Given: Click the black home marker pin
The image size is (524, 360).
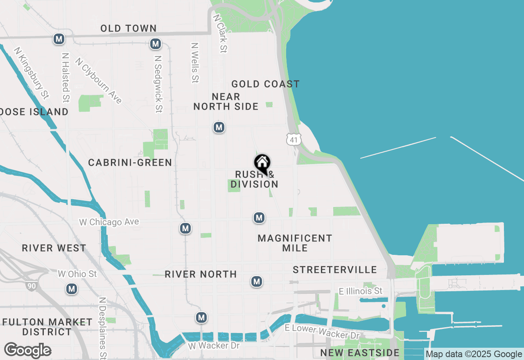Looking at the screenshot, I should (262, 163).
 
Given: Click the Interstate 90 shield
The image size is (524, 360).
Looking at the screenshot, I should (32, 285).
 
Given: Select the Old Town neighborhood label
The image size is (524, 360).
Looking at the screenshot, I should (129, 28).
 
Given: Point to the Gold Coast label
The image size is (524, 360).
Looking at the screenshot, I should (265, 84).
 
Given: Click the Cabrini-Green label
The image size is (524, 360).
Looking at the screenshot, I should (130, 163).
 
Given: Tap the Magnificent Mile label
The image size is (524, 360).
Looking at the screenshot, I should (295, 243).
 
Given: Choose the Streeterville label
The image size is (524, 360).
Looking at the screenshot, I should (335, 270).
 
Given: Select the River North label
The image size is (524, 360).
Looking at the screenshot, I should (201, 274).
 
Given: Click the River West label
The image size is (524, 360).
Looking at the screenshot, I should (54, 248).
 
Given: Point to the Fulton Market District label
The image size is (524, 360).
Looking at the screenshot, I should (47, 327).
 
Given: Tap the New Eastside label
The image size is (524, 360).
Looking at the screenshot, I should (359, 353).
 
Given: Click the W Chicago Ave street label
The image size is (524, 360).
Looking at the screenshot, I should (109, 222).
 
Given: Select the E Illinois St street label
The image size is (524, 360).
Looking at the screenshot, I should (360, 291).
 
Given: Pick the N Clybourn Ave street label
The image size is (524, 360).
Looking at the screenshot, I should (99, 81).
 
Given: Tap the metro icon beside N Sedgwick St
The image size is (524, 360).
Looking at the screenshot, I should (155, 44).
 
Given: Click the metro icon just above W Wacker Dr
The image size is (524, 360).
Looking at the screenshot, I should (201, 317).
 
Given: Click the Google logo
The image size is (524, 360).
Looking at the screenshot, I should (27, 351).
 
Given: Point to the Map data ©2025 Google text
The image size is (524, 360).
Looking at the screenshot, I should (474, 354).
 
